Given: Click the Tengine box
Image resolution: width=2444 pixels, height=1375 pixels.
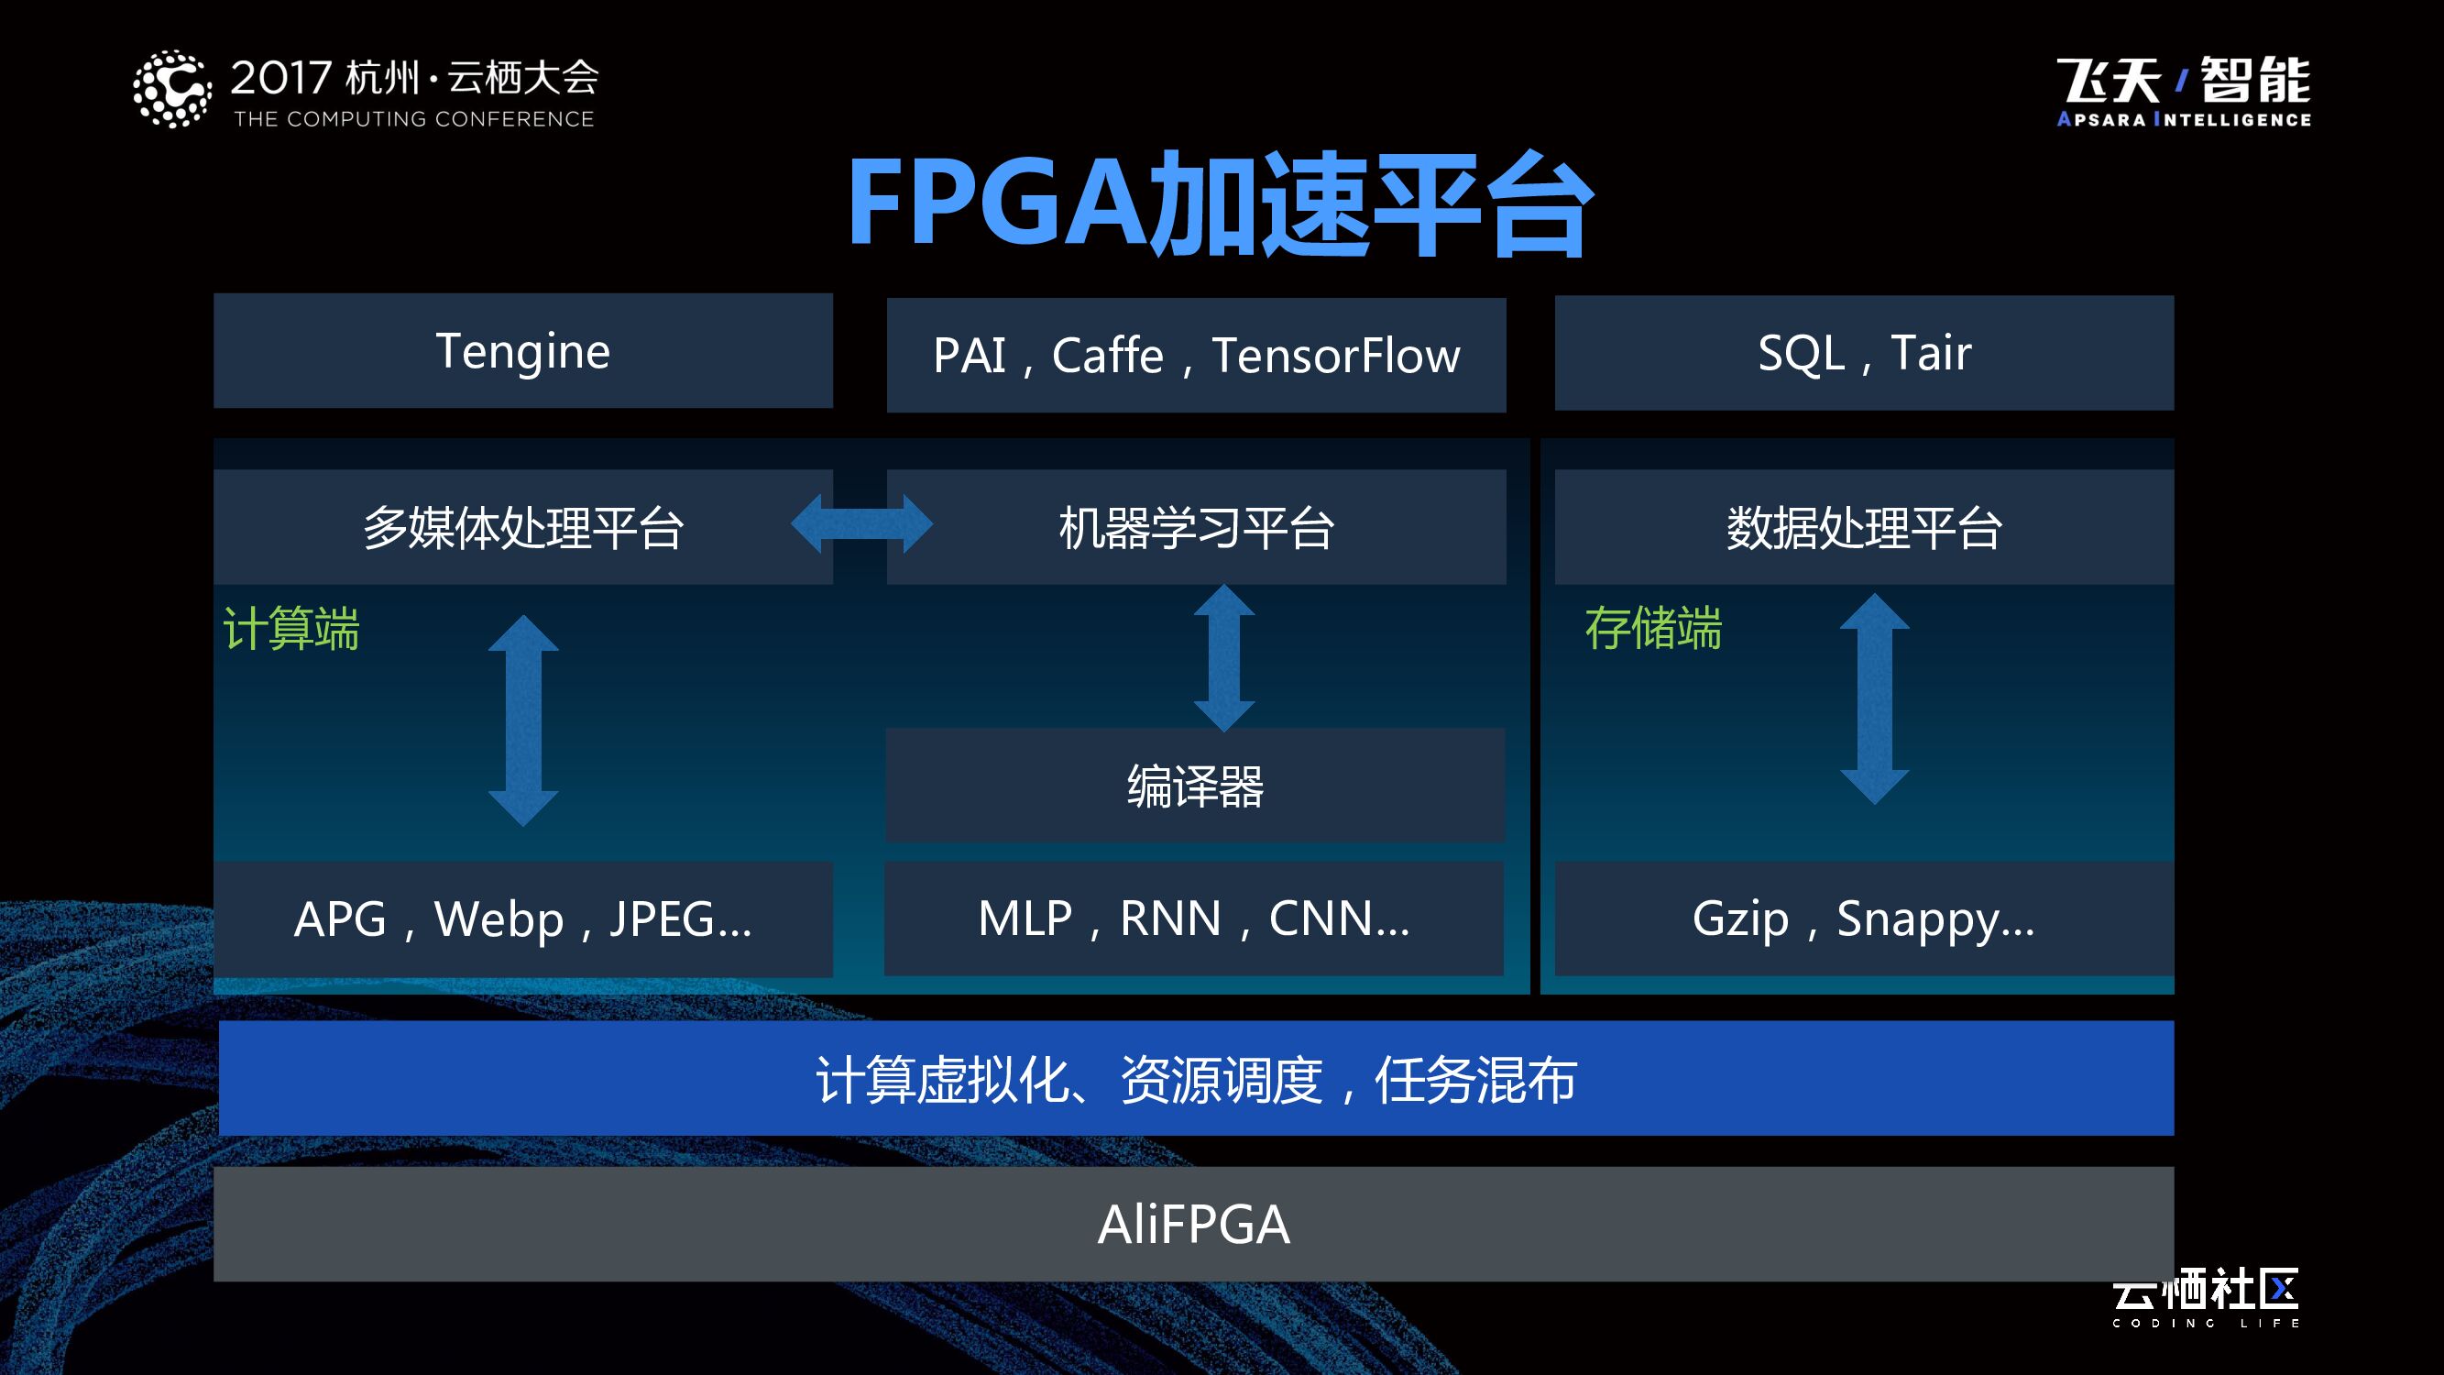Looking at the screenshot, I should pos(522,351).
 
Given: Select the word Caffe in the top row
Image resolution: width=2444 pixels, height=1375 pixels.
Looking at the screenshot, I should pos(1107,356).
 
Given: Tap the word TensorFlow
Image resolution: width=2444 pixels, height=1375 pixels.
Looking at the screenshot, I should pos(1336,356).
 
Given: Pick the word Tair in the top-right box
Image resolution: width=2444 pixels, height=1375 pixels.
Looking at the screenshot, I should pos(1931,353).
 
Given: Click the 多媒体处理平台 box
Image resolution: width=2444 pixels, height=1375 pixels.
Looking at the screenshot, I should pos(522,528).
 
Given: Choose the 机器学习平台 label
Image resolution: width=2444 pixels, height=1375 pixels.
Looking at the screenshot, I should pos(1197,528).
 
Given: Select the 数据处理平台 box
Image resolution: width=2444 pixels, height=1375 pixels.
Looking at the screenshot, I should pos(1863,528).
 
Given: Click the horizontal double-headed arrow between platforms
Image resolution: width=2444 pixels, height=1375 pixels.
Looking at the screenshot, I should pos(861,523).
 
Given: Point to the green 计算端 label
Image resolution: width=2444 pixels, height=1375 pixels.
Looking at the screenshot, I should pos(291,628).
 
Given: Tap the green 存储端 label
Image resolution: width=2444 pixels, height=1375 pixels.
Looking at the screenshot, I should pos(1653,628).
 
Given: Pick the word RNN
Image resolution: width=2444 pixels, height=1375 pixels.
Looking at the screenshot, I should pos(1170,918).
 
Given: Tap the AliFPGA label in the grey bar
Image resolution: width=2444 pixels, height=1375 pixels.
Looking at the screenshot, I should pos(1193,1224).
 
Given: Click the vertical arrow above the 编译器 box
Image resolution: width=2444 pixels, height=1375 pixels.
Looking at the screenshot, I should pos(1224,657).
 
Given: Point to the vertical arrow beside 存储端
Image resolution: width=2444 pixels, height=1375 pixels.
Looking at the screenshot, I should pos(1874,699).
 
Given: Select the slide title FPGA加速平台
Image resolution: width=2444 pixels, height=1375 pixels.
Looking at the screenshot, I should pos(1219,203).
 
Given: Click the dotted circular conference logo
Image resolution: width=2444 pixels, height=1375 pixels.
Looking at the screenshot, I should pos(171,89).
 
